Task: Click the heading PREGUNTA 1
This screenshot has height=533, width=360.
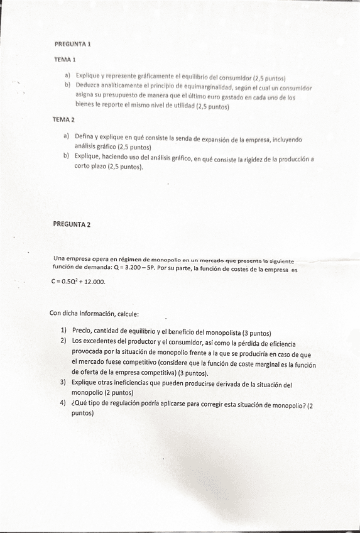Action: click(x=73, y=45)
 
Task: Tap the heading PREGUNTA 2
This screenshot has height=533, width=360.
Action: click(x=72, y=224)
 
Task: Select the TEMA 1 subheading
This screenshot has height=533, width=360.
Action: click(x=65, y=60)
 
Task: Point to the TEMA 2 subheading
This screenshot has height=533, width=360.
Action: click(x=63, y=119)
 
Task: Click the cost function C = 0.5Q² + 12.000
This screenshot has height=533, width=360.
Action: click(x=79, y=282)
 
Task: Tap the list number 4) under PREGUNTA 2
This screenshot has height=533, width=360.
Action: click(x=63, y=404)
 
